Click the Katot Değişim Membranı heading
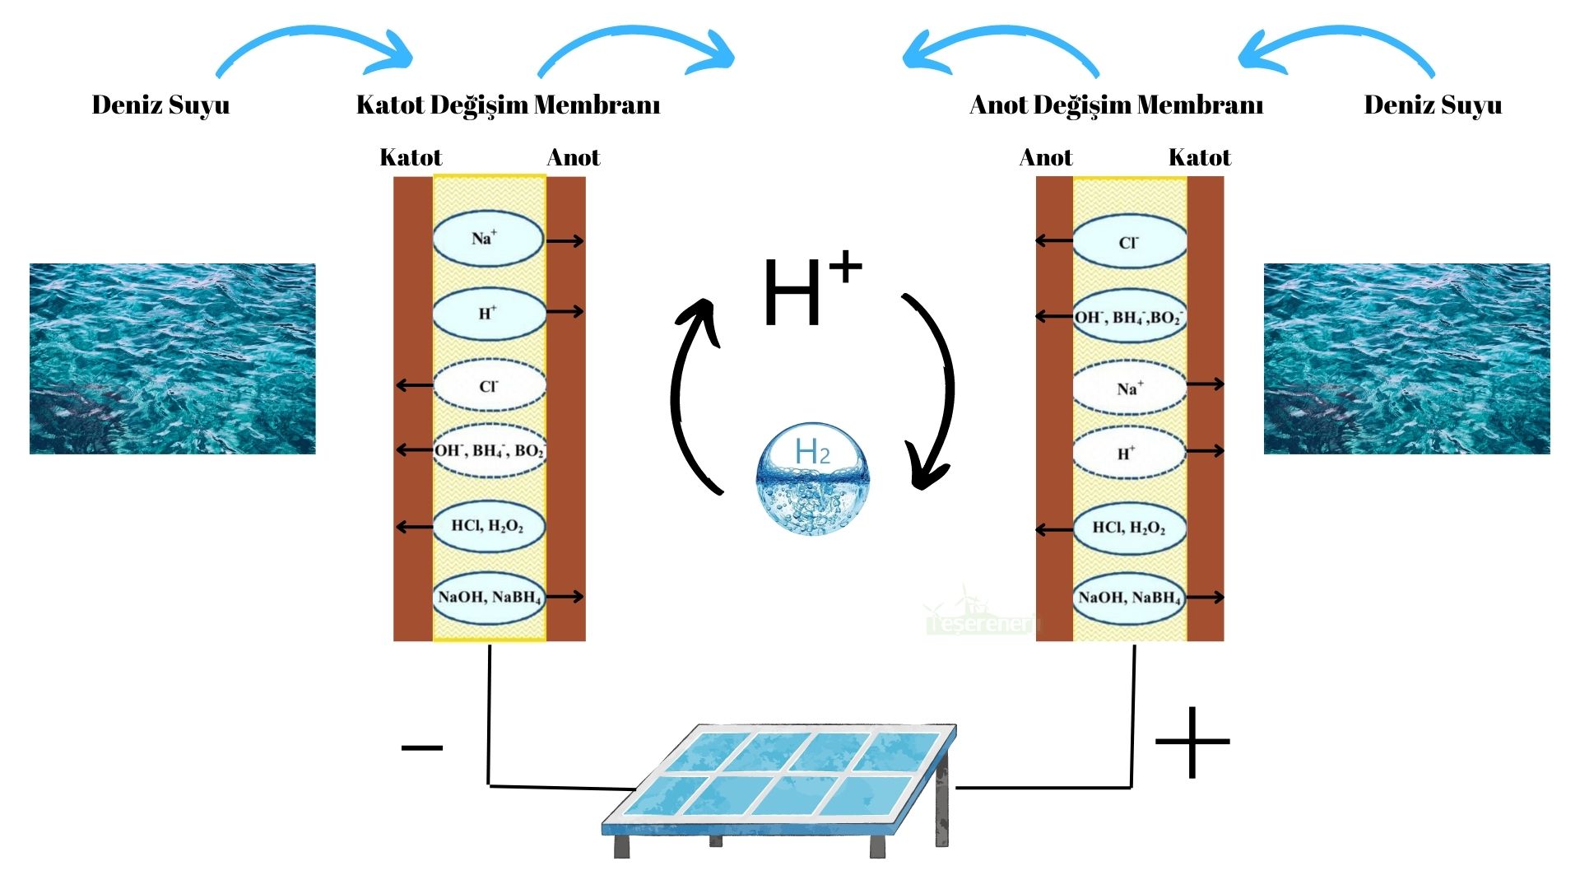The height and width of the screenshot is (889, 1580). coord(508,105)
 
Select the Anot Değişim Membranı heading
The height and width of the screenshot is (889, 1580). coord(1116,105)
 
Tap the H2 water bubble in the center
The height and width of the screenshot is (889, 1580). coord(811,479)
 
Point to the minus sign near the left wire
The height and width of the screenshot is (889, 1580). coord(421,747)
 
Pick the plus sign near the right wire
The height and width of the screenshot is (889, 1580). coord(1192,742)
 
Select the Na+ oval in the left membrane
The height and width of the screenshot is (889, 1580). coord(488,240)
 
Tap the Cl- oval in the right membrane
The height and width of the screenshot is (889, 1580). coord(1129,243)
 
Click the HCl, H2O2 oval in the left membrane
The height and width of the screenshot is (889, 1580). coord(488,526)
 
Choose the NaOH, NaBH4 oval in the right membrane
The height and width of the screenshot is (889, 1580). coord(1129,598)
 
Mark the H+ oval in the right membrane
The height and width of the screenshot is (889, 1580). coord(1129,453)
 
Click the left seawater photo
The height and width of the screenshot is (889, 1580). coord(173,359)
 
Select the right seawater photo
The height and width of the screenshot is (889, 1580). coord(1406,359)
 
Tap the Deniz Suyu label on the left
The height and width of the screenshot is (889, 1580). coord(160,105)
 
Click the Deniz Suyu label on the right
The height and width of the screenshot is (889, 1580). coord(1433,105)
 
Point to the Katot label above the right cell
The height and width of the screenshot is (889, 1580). coord(1199,157)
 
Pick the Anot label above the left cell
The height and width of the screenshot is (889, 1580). coord(574,157)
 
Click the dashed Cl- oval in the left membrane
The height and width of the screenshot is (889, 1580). coord(489,386)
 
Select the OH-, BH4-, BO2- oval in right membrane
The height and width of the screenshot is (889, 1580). coord(1129,317)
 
